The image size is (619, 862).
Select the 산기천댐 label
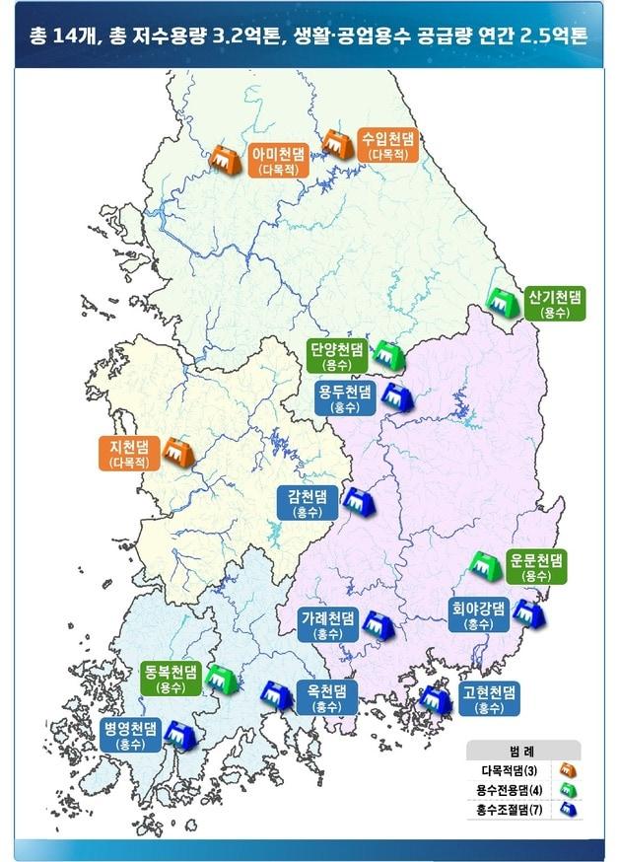(x=555, y=303)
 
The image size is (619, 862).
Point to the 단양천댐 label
(x=336, y=356)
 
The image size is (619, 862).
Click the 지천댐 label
(x=131, y=453)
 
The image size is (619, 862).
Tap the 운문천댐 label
(x=536, y=566)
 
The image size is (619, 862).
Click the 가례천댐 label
(x=327, y=625)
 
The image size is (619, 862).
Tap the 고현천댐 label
(x=490, y=698)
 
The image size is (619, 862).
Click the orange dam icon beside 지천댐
(x=178, y=453)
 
